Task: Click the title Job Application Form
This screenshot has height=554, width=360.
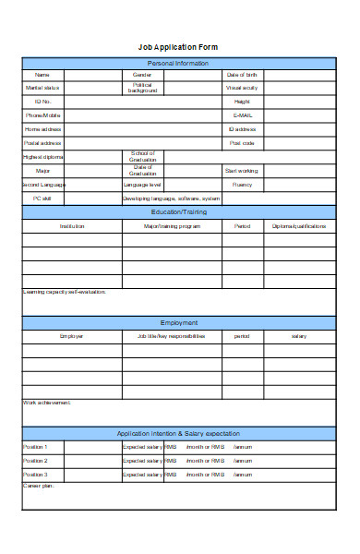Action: [x=179, y=46]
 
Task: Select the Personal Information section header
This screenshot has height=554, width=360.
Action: [x=179, y=63]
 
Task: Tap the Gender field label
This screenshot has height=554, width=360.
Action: [x=142, y=75]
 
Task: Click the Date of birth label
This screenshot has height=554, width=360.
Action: [x=242, y=75]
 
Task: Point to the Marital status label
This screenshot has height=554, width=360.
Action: [x=42, y=88]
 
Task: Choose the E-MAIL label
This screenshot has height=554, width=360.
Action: [x=243, y=115]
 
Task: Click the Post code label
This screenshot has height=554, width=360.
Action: [x=242, y=143]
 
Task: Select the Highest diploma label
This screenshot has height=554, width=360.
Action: [x=42, y=157]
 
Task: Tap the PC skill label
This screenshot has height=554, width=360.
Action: [x=42, y=198]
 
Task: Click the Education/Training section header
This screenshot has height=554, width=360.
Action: [x=179, y=211]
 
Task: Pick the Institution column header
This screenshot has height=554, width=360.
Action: [x=72, y=225]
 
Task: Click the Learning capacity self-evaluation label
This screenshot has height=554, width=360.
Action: [x=65, y=292]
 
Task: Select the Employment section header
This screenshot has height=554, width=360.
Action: [x=179, y=322]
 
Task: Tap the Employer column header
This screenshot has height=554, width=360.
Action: [x=72, y=336]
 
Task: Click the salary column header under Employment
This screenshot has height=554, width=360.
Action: [x=299, y=336]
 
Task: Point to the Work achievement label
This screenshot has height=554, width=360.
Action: [x=47, y=403]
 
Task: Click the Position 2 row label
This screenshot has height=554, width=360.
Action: [x=35, y=460]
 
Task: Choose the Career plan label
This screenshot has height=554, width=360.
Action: [x=39, y=485]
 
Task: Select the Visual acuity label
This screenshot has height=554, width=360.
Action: [x=242, y=88]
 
